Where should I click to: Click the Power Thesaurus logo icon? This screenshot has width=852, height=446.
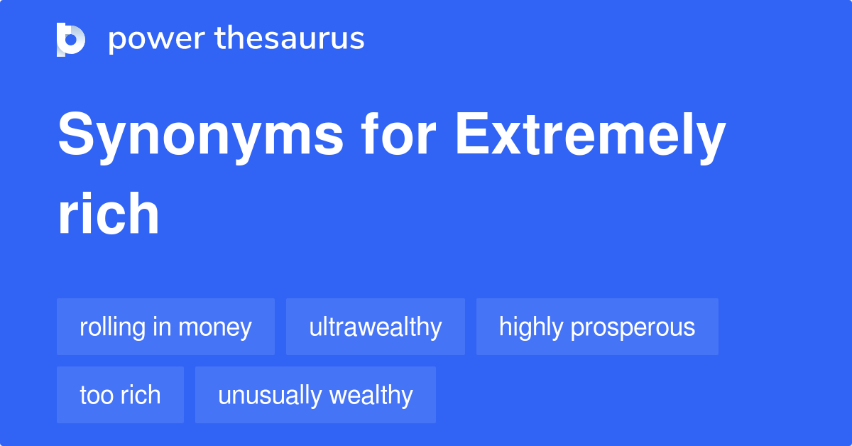pyautogui.click(x=71, y=39)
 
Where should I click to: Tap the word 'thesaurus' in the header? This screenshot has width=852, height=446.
pyautogui.click(x=290, y=39)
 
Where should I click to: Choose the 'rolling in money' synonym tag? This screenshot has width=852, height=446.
pyautogui.click(x=165, y=327)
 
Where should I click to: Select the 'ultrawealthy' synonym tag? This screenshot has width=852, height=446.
pyautogui.click(x=376, y=327)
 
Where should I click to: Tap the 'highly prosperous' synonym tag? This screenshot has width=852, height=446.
pyautogui.click(x=597, y=327)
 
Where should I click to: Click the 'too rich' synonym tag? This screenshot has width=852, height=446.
pyautogui.click(x=120, y=395)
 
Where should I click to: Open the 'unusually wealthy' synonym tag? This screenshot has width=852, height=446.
pyautogui.click(x=315, y=395)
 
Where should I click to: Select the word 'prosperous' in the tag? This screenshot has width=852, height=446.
pyautogui.click(x=633, y=327)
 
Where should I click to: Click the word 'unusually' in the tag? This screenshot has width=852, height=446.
pyautogui.click(x=267, y=396)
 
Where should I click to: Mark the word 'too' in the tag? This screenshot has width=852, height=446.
pyautogui.click(x=92, y=395)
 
